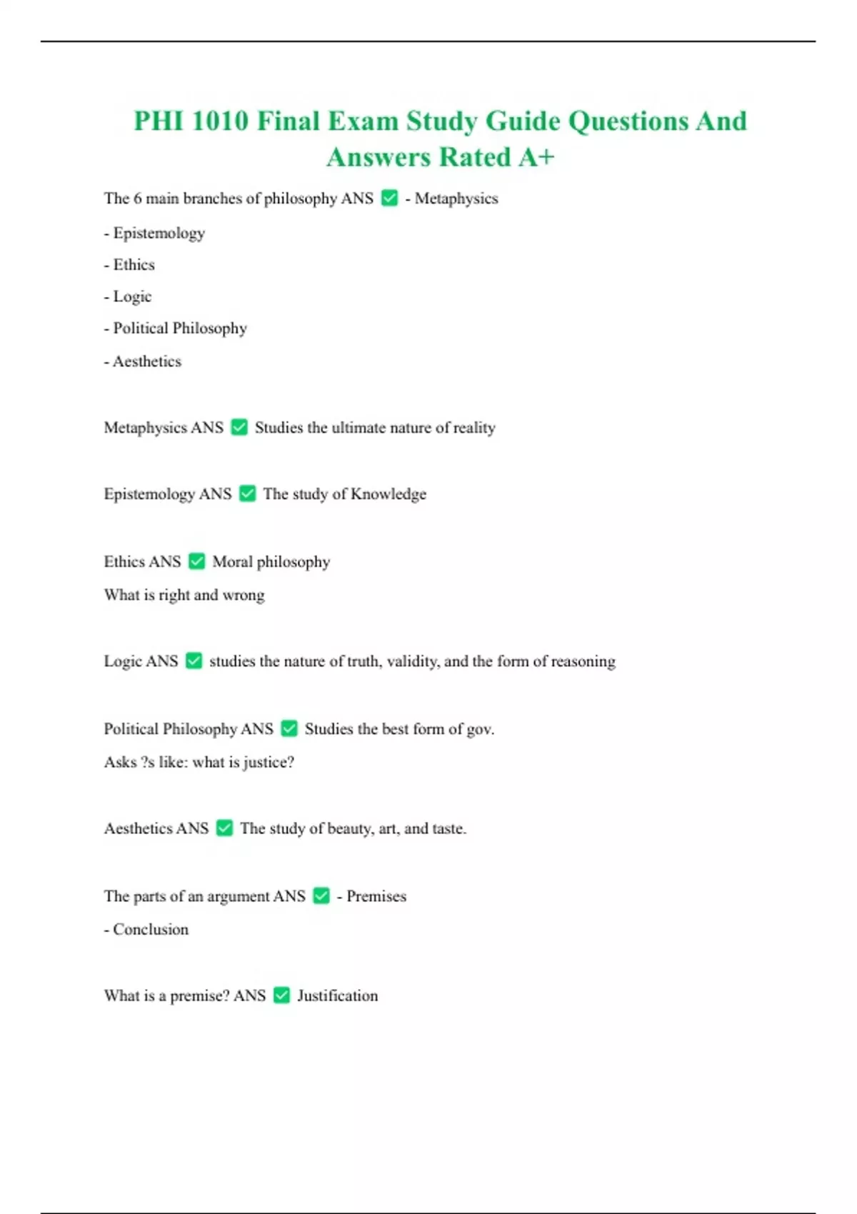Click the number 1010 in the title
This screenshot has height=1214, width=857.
(220, 121)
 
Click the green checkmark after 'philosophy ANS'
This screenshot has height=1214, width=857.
(390, 199)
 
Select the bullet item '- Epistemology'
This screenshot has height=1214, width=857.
(154, 234)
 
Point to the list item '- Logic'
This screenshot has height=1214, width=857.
(128, 296)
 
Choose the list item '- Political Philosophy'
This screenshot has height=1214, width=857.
(176, 328)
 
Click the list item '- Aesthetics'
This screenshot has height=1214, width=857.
(143, 362)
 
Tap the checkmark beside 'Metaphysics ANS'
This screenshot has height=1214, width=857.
(240, 428)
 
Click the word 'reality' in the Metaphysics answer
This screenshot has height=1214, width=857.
(474, 428)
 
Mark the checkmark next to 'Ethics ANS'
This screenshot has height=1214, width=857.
(197, 562)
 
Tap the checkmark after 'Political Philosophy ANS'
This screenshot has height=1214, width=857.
(289, 729)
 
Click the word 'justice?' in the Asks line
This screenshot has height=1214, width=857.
(269, 763)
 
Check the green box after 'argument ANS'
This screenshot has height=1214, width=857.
(322, 896)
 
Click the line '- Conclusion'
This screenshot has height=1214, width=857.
(146, 930)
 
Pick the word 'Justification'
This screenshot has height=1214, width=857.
(337, 996)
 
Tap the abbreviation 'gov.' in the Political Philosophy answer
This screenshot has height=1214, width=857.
(480, 729)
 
